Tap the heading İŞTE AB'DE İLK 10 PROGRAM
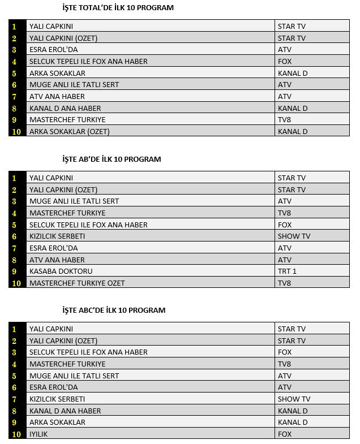click(x=112, y=159)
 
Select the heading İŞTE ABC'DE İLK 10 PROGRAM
click(x=114, y=310)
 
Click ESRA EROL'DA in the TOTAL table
click(x=53, y=50)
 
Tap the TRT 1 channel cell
click(x=287, y=271)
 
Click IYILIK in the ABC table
click(x=39, y=434)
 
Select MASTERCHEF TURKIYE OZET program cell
click(x=77, y=283)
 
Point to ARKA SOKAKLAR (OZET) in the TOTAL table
click(x=69, y=131)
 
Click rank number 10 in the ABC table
click(x=17, y=434)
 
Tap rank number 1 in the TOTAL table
click(x=14, y=26)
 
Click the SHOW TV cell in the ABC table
click(x=294, y=399)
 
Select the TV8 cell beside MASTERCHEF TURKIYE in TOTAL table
click(x=284, y=119)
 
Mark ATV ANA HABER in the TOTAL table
click(x=57, y=96)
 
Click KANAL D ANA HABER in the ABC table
click(x=65, y=411)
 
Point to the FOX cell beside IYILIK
click(x=285, y=434)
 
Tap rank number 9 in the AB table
click(x=14, y=271)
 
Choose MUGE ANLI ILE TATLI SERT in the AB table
click(x=74, y=201)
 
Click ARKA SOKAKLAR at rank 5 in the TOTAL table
click(x=57, y=73)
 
